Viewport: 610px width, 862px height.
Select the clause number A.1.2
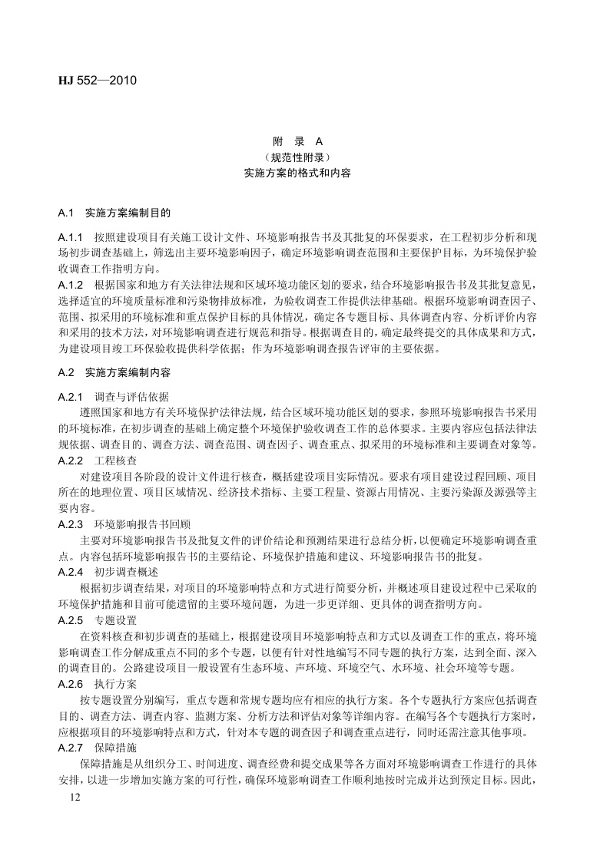[x=71, y=285]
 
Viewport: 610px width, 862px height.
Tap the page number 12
[x=74, y=799]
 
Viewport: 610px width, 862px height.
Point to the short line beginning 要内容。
[x=77, y=508]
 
